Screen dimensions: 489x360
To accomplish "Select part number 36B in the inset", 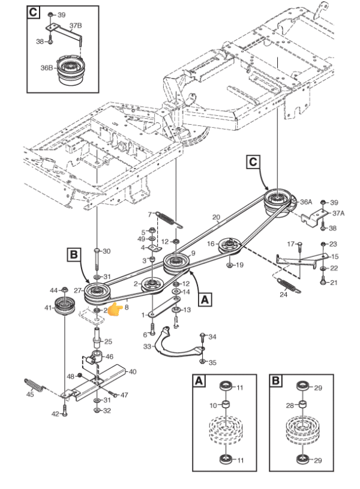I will pos(47,68).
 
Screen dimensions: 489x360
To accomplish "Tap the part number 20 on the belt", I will pos(217,217).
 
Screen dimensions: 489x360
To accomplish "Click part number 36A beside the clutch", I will pos(306,202).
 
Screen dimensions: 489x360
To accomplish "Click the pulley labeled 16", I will pos(229,244).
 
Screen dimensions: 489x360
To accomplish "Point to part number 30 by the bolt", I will pos(107,251).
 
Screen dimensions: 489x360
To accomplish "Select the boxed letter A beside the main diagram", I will pos(205,298).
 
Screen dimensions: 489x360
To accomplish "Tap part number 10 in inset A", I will pos(212,406).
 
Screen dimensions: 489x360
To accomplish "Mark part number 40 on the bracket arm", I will pos(132,371).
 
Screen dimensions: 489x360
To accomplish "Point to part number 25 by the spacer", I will pos(108,341).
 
